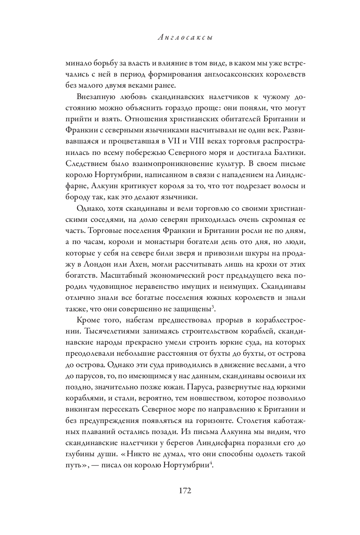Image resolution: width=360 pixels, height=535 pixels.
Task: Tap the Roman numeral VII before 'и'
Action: [x=174, y=142]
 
